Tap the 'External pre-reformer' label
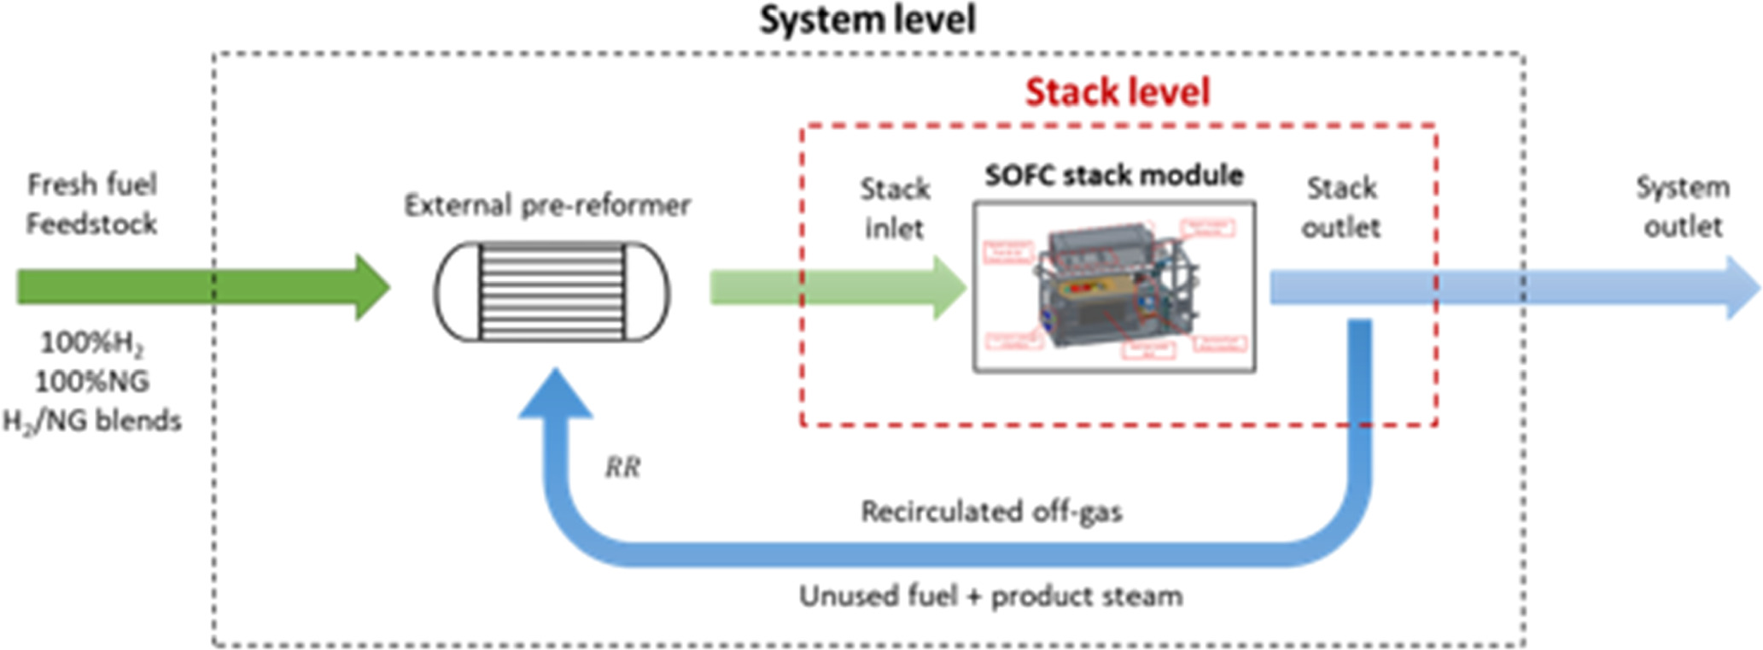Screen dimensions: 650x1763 (x=547, y=206)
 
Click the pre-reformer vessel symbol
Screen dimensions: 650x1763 (x=552, y=291)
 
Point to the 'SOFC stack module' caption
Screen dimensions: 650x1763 (x=1113, y=176)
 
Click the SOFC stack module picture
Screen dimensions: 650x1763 (x=1114, y=287)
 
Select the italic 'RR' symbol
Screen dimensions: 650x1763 (x=622, y=467)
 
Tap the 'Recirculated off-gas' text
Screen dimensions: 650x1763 (x=991, y=512)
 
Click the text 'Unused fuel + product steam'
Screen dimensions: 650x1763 (x=990, y=596)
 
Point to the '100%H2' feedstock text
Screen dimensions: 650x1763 (x=92, y=343)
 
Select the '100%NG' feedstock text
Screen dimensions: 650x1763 (x=92, y=381)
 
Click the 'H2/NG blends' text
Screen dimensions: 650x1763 (x=92, y=421)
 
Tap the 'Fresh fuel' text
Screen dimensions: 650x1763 (x=92, y=184)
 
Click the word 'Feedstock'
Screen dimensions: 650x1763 (x=91, y=224)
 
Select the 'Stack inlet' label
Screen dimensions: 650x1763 (x=894, y=208)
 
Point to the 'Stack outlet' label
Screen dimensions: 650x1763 (x=1340, y=208)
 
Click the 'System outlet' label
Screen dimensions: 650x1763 (x=1682, y=207)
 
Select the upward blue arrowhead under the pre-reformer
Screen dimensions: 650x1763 (x=556, y=397)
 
